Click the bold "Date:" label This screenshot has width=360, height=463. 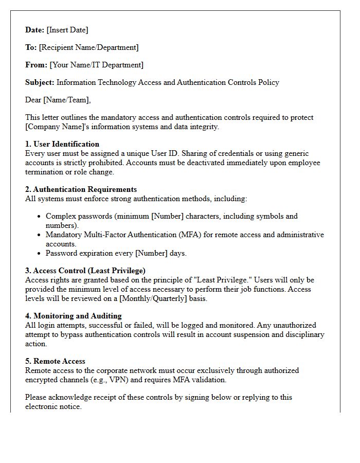pos(35,30)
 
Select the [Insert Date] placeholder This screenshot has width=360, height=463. pos(67,30)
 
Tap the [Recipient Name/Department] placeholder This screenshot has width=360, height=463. pos(88,48)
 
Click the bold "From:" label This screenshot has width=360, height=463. pos(36,65)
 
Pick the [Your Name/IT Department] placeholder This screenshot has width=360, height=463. pos(96,65)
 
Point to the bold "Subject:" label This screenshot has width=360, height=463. pos(40,83)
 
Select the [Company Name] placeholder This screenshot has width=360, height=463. pos(50,127)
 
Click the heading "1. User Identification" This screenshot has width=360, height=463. pos(62,145)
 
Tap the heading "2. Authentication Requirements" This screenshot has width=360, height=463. pos(81,190)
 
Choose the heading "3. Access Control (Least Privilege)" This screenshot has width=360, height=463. pos(85,271)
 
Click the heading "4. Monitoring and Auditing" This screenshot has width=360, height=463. pos(74,316)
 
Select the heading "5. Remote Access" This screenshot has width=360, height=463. pos(55,362)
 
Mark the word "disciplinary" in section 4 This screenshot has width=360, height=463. pos(303,335)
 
